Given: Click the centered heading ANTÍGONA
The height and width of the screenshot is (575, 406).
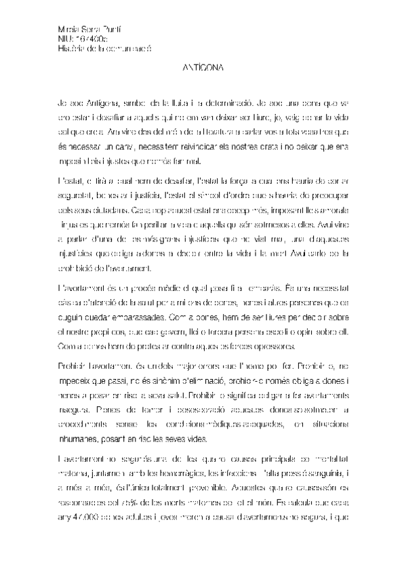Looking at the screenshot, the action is tap(203, 68).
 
